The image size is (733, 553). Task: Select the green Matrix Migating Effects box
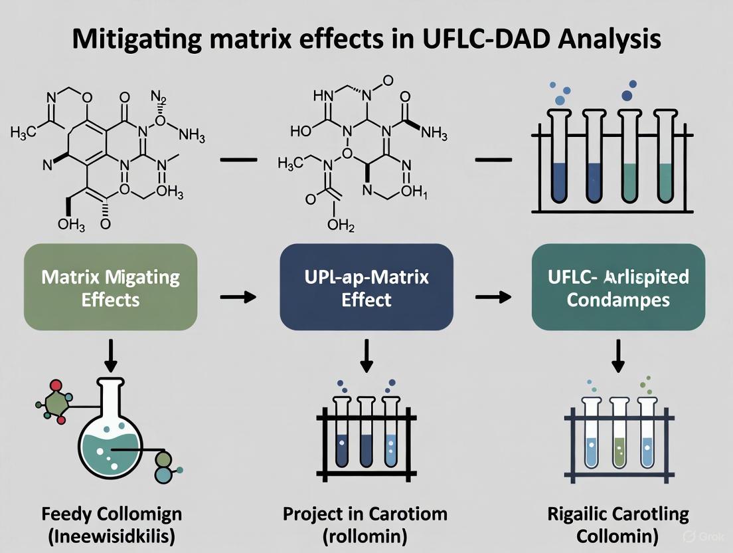[x=110, y=287]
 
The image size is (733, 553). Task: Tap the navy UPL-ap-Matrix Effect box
[x=366, y=287]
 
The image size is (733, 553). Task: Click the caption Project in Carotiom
[x=365, y=514]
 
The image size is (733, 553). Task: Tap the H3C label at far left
[x=24, y=132]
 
